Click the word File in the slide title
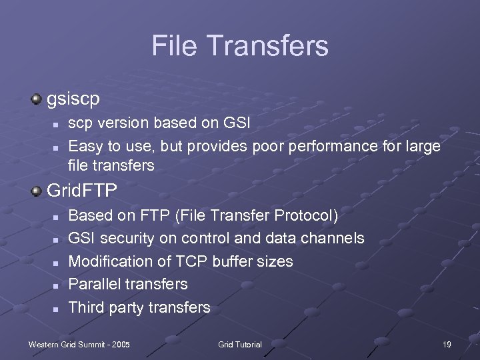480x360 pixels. (x=177, y=46)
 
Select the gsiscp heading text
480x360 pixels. (x=73, y=99)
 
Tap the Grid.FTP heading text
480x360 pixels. (x=82, y=191)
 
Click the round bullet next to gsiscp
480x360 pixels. (x=37, y=99)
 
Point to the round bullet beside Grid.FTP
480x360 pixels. (x=37, y=191)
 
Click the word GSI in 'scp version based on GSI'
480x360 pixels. (x=237, y=123)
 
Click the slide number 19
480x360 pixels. (x=447, y=344)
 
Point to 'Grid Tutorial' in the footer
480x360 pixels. (x=240, y=344)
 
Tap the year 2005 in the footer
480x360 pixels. (x=120, y=344)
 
